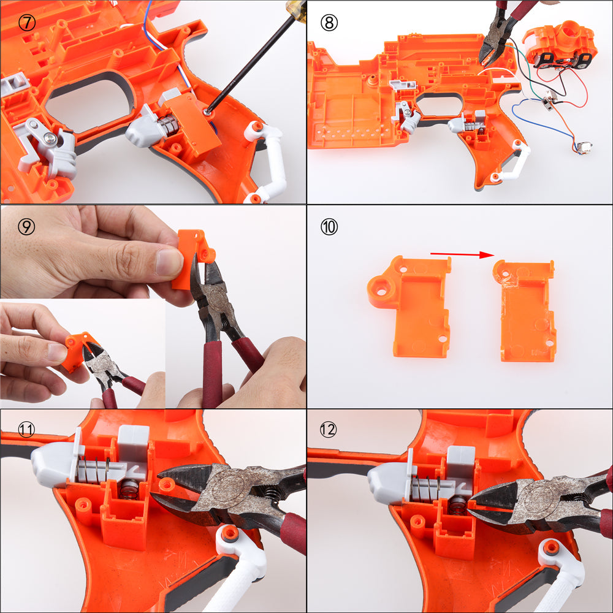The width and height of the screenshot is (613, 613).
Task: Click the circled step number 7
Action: pyautogui.click(x=27, y=23)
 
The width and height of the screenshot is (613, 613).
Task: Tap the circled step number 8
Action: pyautogui.click(x=329, y=23)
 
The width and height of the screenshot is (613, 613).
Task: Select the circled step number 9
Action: pyautogui.click(x=26, y=226)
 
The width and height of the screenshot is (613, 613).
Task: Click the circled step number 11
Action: pyautogui.click(x=26, y=430)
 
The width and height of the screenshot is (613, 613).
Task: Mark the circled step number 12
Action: pyautogui.click(x=329, y=430)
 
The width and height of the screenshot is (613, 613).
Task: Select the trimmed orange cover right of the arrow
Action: pyautogui.click(x=525, y=311)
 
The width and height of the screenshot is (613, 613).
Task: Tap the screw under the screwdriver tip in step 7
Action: pyautogui.click(x=207, y=112)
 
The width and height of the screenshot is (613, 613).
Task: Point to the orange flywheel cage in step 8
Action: pyautogui.click(x=560, y=45)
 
